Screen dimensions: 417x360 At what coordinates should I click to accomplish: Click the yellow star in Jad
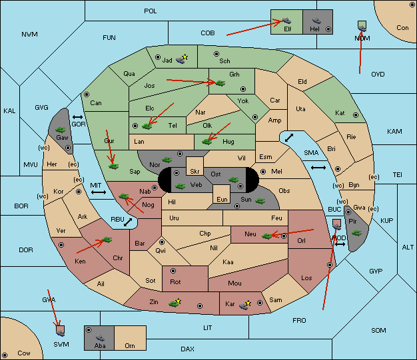click(185, 57)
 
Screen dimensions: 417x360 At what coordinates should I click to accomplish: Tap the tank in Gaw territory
click(61, 130)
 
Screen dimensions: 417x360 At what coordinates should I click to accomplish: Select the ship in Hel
click(316, 21)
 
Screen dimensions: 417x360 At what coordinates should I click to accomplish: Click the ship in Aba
click(101, 338)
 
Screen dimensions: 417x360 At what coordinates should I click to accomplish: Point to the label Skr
click(195, 172)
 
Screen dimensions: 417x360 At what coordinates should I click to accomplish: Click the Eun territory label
click(222, 199)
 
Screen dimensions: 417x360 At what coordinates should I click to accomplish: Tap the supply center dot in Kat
click(356, 115)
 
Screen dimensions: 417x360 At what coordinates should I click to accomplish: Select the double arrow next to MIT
click(99, 192)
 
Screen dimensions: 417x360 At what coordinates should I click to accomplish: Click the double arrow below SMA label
click(318, 168)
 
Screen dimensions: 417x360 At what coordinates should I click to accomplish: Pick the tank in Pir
click(356, 233)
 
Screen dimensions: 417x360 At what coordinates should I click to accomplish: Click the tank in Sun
click(260, 201)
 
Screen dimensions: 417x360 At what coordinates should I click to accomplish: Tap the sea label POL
click(151, 11)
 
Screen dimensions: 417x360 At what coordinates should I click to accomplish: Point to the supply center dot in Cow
click(5, 355)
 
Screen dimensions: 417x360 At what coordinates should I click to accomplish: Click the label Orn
click(130, 345)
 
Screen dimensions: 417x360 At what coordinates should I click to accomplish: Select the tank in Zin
click(174, 303)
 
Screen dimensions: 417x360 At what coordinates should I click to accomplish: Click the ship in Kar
click(243, 306)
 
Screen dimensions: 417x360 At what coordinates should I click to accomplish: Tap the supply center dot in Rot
click(173, 271)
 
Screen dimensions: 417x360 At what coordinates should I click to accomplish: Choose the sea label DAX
click(187, 349)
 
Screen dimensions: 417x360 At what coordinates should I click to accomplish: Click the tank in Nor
click(167, 160)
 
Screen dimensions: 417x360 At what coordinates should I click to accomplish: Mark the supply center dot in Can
click(87, 94)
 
